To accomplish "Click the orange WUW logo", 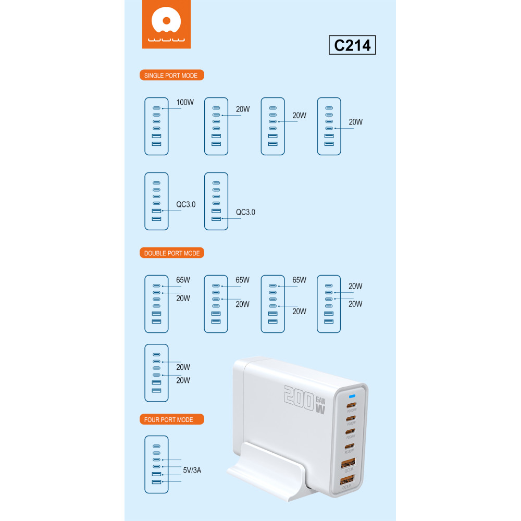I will point(166,25).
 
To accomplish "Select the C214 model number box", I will point(352,45).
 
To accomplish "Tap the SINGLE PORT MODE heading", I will point(171,76).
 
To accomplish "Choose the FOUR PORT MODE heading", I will point(171,419).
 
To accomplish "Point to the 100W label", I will point(185,102).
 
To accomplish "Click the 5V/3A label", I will point(192,470).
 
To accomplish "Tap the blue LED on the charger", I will point(352,396).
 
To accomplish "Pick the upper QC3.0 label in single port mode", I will point(185,205).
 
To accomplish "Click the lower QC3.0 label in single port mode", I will point(245,212).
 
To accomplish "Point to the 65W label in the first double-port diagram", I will point(183,280).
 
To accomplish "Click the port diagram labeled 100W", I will point(156,126).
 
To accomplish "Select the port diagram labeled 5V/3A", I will point(156,465).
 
